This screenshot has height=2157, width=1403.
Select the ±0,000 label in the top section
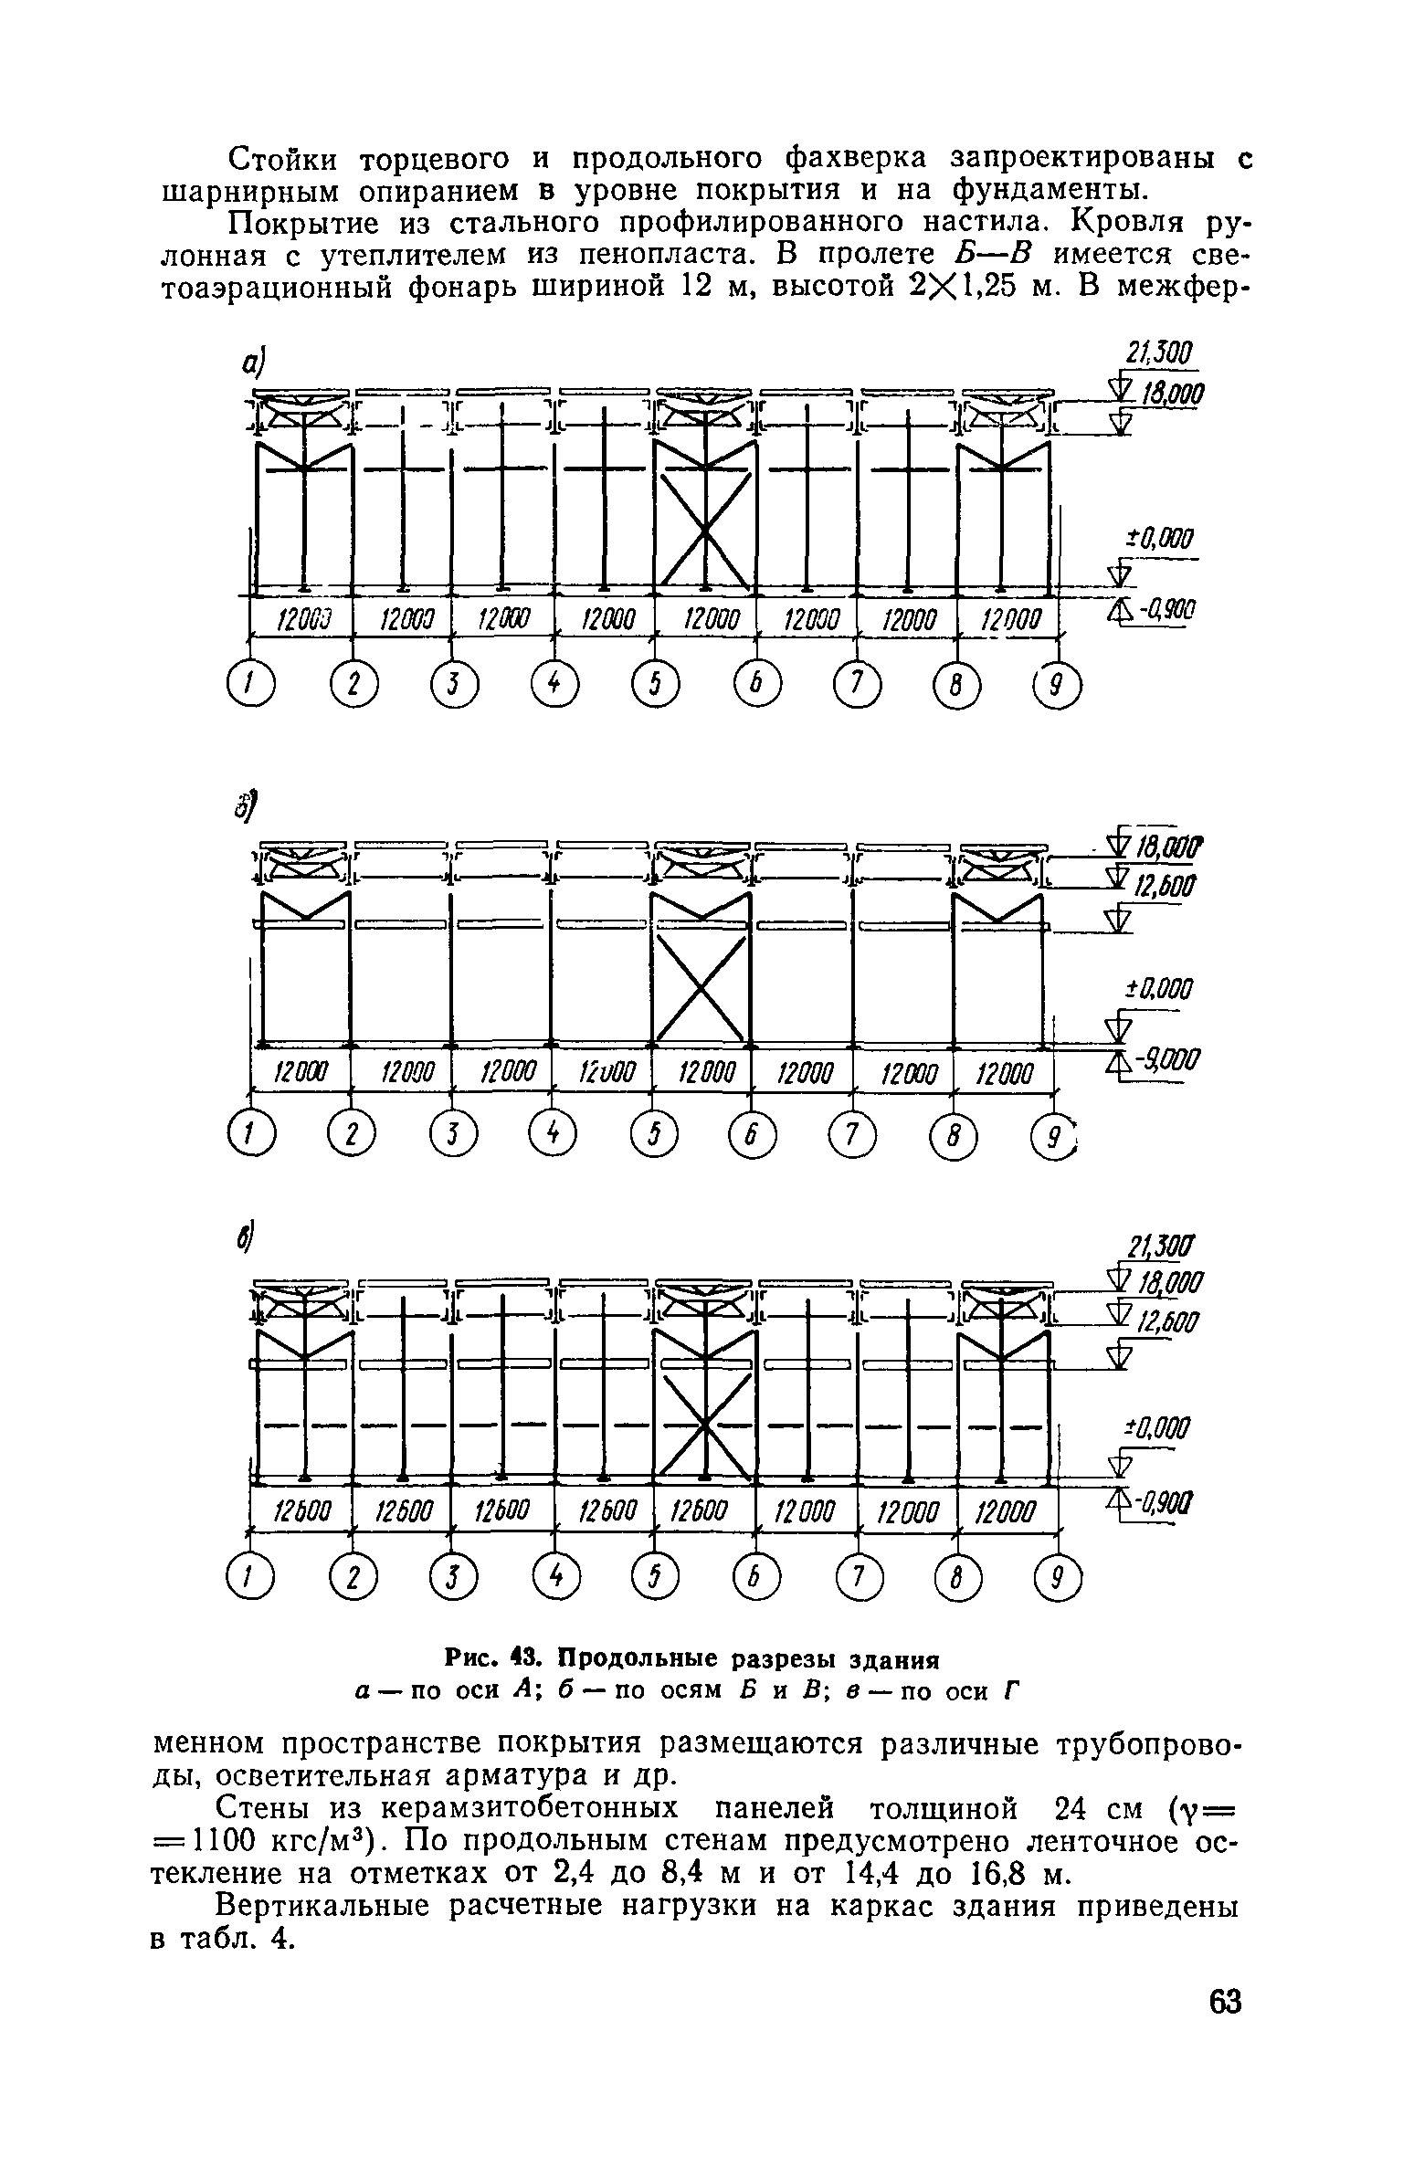[1160, 540]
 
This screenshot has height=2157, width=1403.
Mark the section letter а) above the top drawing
[253, 363]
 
